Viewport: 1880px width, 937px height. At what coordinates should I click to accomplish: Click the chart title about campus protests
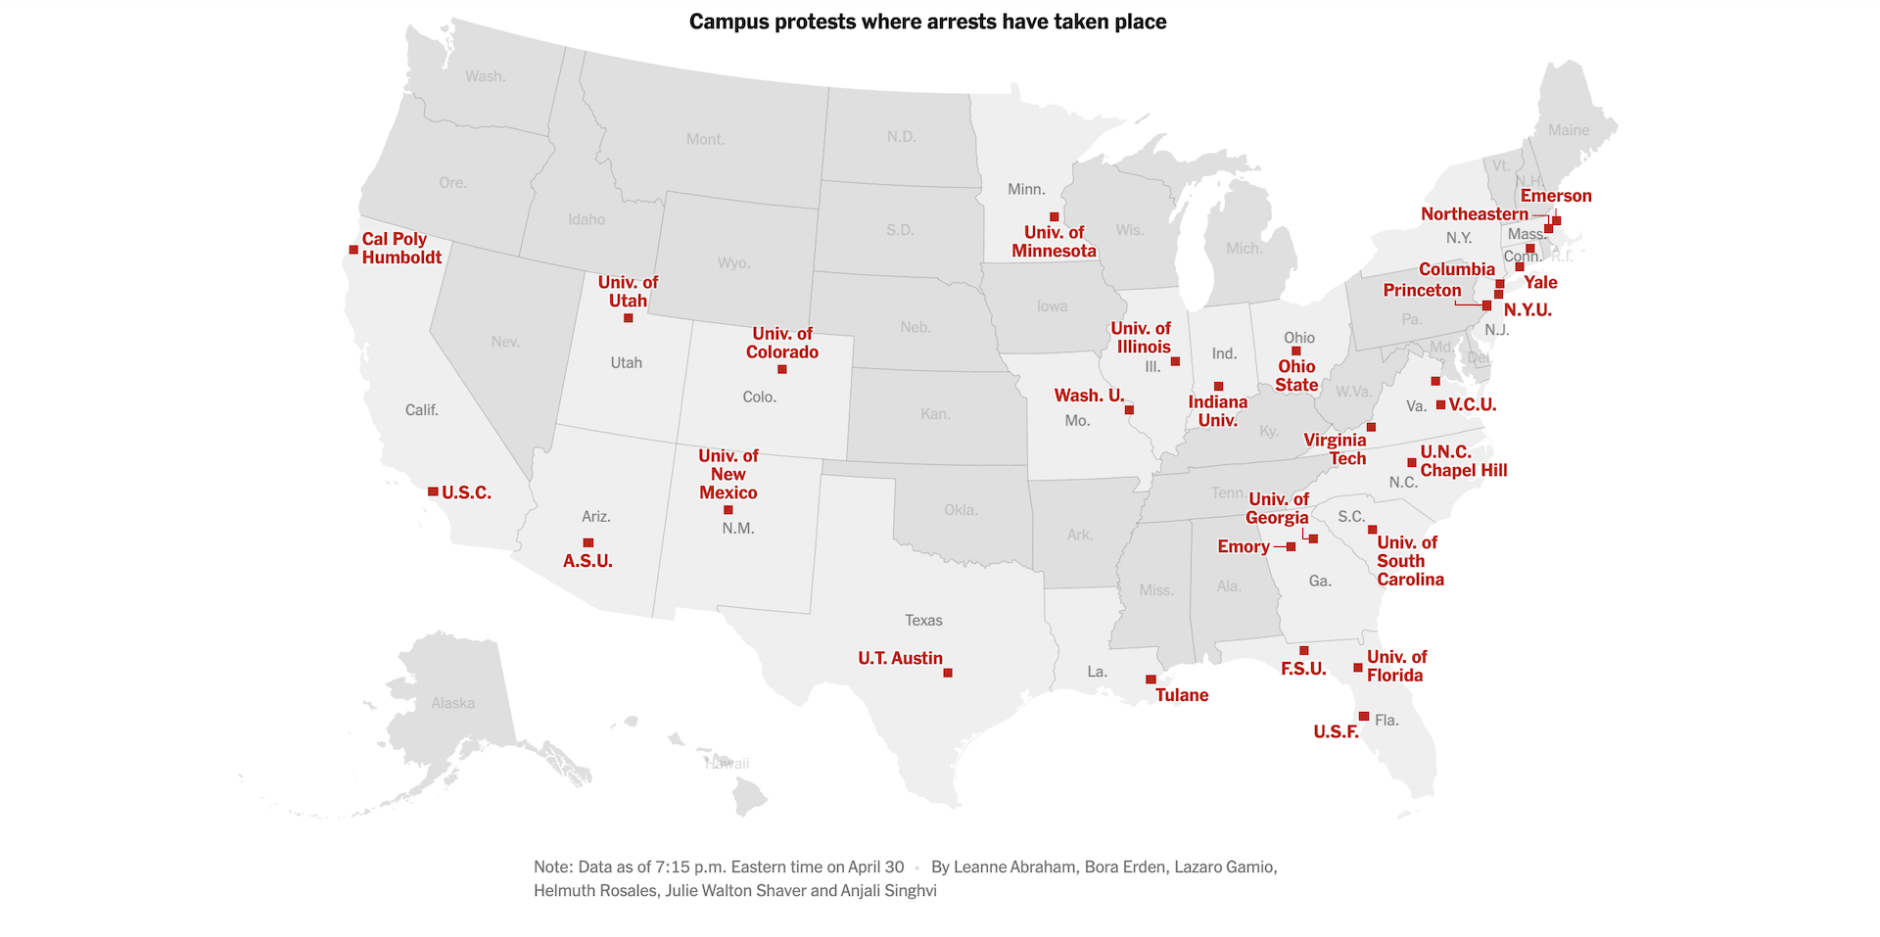(927, 23)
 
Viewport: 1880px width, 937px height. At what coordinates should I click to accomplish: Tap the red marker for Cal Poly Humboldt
(353, 250)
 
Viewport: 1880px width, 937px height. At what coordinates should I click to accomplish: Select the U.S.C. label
(466, 492)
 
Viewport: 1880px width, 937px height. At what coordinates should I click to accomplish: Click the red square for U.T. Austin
(947, 673)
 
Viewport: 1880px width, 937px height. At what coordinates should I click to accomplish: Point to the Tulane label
(1181, 695)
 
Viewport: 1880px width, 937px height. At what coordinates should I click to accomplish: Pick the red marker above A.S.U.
(587, 542)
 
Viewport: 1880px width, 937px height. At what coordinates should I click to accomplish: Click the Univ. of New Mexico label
(728, 475)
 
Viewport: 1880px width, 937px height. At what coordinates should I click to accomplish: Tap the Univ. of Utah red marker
(628, 318)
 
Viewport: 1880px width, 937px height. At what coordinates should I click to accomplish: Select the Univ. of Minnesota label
(1054, 242)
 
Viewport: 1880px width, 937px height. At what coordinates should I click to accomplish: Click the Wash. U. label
(1088, 396)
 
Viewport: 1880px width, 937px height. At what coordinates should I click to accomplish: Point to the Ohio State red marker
(1295, 351)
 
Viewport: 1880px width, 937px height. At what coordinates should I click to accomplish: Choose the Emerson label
(1555, 196)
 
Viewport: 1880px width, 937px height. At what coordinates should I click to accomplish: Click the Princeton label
(1421, 290)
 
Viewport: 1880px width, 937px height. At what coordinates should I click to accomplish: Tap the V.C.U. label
(1472, 405)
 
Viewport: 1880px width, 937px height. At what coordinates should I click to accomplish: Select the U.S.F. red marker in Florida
(1363, 717)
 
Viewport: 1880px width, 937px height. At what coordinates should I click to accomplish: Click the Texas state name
(923, 621)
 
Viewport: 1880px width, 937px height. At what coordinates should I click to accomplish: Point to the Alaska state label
(452, 703)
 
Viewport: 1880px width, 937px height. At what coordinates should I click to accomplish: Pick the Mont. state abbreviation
(705, 140)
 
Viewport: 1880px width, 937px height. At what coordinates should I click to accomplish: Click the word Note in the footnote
(552, 867)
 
